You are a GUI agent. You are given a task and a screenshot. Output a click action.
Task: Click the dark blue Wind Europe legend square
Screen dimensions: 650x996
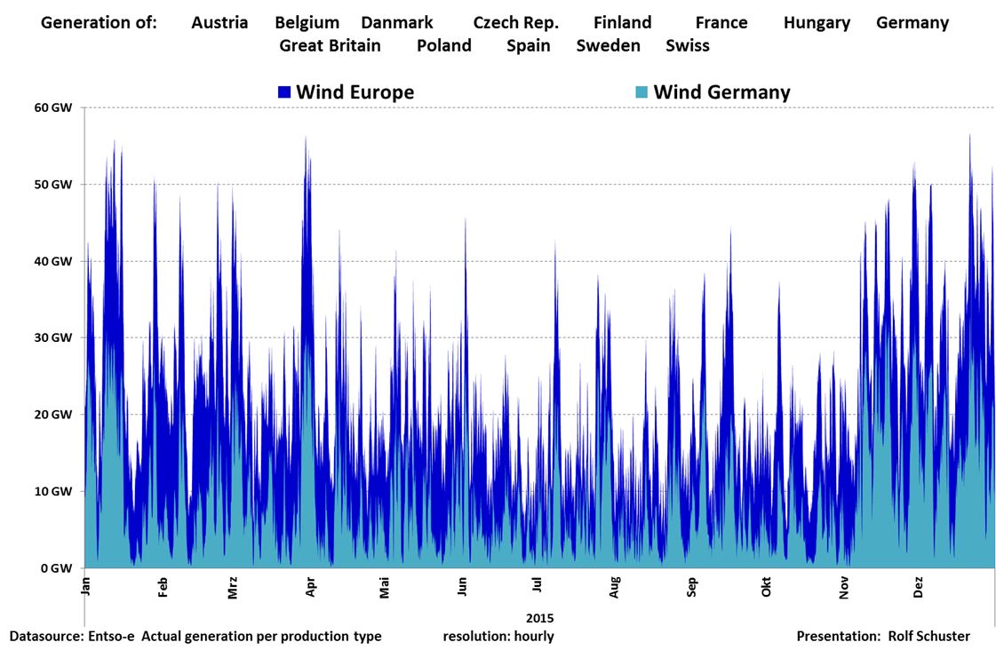285,92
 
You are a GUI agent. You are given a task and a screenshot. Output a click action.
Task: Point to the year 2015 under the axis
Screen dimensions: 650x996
539,617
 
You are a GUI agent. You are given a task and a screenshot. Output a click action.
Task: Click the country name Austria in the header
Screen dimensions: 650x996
219,23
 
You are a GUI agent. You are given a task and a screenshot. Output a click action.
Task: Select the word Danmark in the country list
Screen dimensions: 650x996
397,23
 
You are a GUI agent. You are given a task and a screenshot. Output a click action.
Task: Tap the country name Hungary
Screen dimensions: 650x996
817,23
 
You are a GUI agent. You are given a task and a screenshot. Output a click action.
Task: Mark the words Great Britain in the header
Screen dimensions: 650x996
330,45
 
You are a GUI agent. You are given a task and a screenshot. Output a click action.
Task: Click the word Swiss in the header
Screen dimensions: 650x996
688,45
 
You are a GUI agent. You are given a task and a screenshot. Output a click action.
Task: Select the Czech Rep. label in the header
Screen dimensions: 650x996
515,23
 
